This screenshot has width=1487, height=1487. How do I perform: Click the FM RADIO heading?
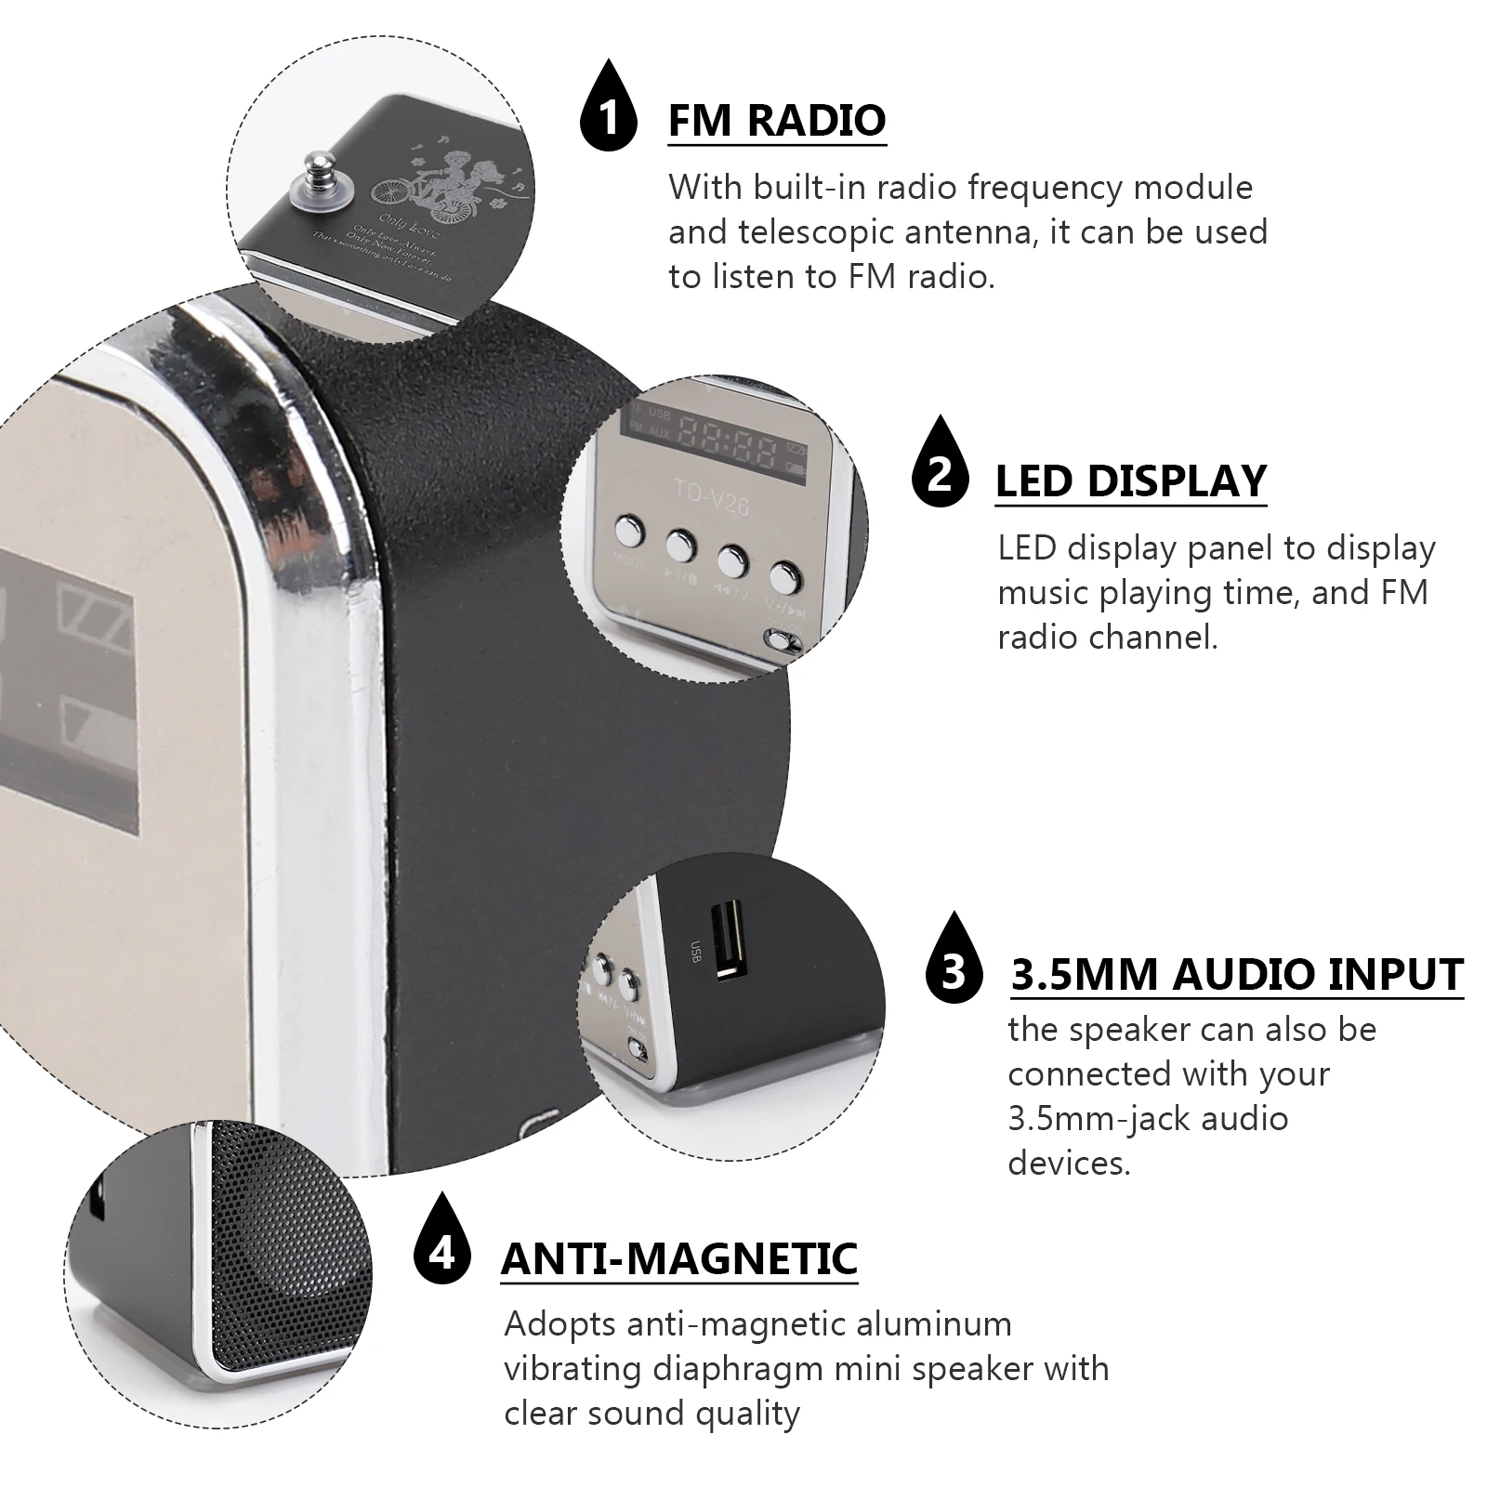click(777, 120)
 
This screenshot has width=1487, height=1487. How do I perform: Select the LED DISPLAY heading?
click(1130, 480)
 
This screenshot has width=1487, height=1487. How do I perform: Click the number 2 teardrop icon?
click(940, 468)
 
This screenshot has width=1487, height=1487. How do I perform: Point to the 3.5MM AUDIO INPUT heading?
click(1236, 974)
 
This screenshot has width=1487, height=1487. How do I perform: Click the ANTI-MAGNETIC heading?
click(678, 1258)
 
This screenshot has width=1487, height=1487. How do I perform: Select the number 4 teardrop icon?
click(441, 1250)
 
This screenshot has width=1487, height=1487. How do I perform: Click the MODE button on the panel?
click(629, 533)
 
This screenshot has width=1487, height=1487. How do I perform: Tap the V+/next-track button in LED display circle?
click(786, 577)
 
